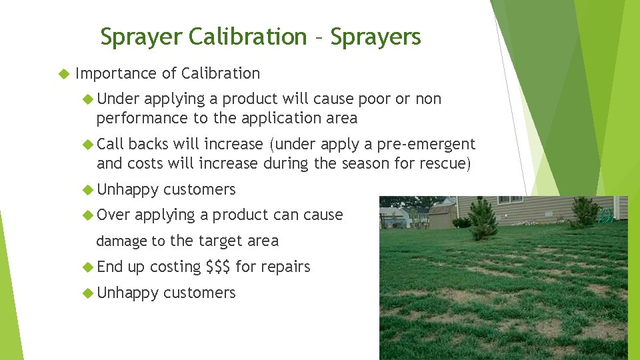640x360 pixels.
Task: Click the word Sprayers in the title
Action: click(375, 37)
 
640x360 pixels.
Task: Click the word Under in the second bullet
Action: click(119, 99)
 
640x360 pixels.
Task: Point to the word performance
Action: click(137, 119)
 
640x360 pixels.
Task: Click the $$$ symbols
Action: click(219, 267)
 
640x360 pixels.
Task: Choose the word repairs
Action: click(285, 267)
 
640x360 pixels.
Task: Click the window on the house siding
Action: click(510, 199)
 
